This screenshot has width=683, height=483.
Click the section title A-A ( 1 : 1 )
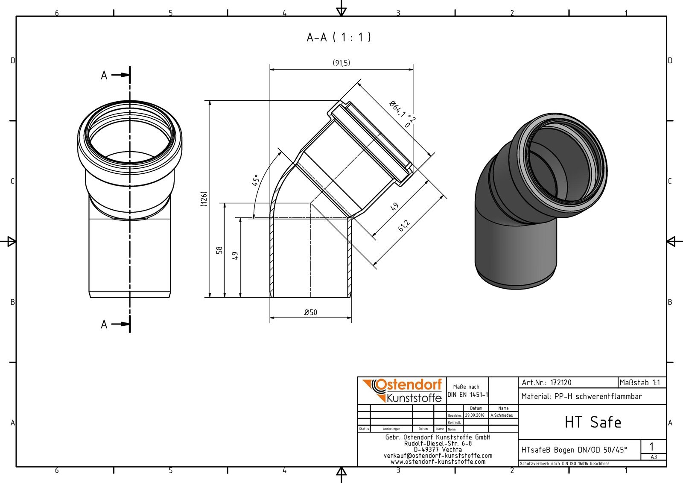tap(339, 38)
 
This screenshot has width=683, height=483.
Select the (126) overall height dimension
tap(204, 199)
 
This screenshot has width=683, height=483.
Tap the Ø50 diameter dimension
tap(310, 313)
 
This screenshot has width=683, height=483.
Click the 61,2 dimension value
tap(404, 225)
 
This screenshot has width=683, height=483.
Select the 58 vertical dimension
tap(219, 250)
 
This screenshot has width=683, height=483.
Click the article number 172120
tap(560, 383)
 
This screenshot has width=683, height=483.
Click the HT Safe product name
tap(593, 422)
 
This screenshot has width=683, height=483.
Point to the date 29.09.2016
tap(475, 415)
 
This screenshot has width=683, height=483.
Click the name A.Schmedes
tap(502, 415)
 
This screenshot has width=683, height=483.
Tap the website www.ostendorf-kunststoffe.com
tap(438, 462)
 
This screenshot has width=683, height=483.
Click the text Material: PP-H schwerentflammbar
tap(581, 396)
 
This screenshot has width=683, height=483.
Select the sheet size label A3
tap(654, 457)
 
